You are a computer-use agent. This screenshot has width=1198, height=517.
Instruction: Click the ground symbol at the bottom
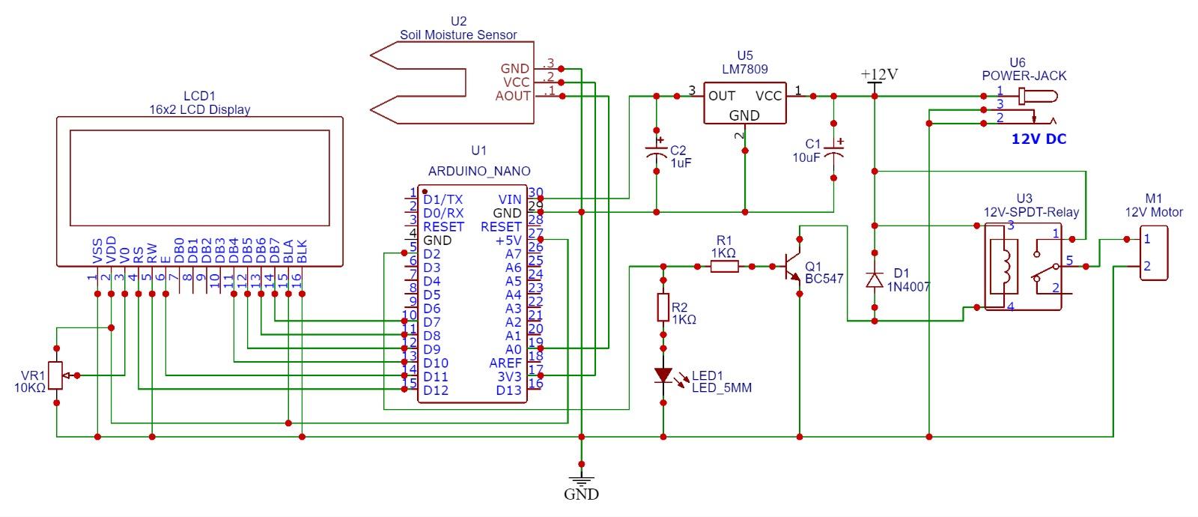[581, 479]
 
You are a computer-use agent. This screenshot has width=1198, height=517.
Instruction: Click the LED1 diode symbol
[663, 375]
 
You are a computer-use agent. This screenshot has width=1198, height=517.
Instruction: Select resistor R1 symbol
[723, 265]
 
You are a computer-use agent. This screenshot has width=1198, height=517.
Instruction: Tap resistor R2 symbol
[663, 307]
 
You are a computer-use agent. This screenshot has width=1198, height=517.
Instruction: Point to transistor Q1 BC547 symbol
[794, 266]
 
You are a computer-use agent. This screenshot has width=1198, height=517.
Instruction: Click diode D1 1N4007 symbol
[874, 279]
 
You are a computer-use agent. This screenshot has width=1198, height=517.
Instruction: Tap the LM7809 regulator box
[744, 105]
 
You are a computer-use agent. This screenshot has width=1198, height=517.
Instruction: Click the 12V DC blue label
[1039, 139]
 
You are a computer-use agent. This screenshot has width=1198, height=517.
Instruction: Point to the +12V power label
[878, 74]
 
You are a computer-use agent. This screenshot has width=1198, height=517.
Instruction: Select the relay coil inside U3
[1005, 266]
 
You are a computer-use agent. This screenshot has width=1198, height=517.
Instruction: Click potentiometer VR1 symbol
[57, 375]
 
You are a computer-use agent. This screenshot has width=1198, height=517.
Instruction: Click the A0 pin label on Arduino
[513, 349]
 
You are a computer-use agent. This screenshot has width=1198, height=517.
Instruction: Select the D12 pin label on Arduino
[436, 390]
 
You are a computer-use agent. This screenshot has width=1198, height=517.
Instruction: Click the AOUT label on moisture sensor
[513, 96]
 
